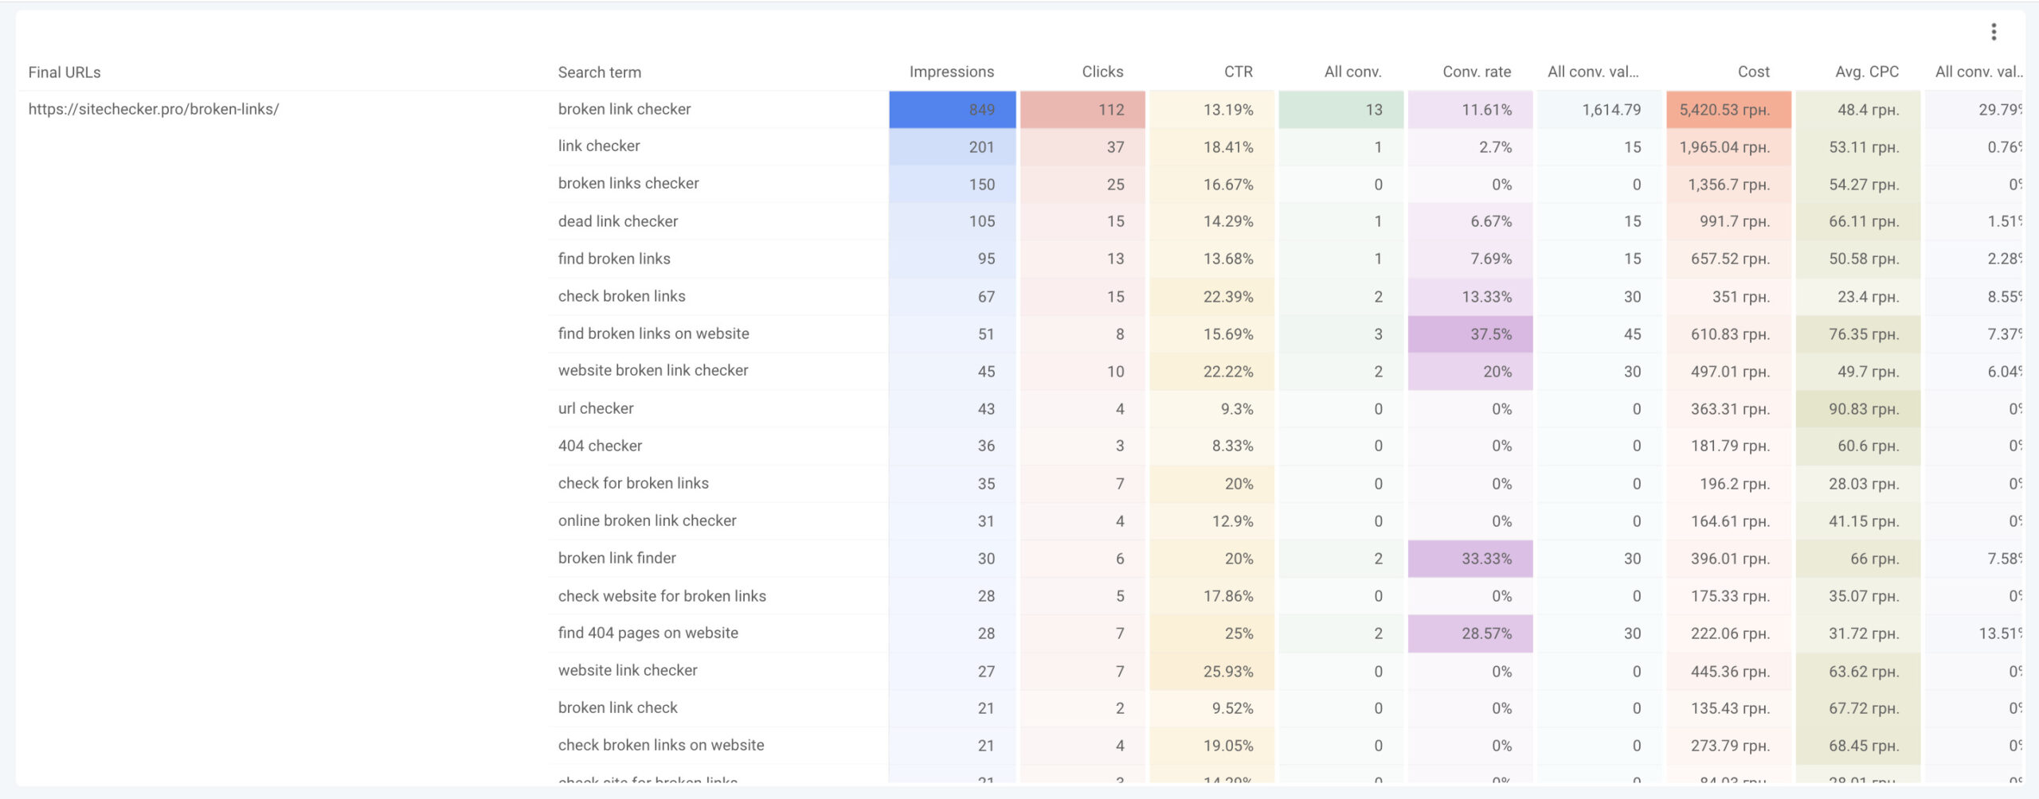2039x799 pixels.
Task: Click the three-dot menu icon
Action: point(1994,32)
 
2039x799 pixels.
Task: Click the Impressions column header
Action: point(951,72)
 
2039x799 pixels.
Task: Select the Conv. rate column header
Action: point(1476,72)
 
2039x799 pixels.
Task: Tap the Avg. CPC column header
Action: point(1866,72)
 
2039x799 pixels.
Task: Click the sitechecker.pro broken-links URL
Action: point(154,109)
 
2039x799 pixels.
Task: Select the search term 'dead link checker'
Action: point(617,221)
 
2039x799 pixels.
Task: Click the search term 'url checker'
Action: point(595,408)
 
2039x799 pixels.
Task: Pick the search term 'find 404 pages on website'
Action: point(648,633)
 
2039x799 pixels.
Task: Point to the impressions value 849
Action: point(981,110)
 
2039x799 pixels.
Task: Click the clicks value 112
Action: point(1110,110)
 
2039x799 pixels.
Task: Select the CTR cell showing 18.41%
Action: point(1227,147)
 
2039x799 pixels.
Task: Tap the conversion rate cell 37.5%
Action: point(1490,334)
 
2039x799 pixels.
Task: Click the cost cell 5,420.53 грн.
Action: point(1724,110)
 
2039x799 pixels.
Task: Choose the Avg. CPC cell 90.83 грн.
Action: point(1863,409)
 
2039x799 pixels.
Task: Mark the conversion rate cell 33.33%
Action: point(1485,559)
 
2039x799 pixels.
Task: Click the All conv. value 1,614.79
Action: point(1610,110)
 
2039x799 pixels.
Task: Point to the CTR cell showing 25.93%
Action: point(1227,672)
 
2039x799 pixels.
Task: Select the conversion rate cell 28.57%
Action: point(1485,633)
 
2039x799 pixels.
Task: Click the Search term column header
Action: point(599,72)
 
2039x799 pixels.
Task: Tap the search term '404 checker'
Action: point(600,446)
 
